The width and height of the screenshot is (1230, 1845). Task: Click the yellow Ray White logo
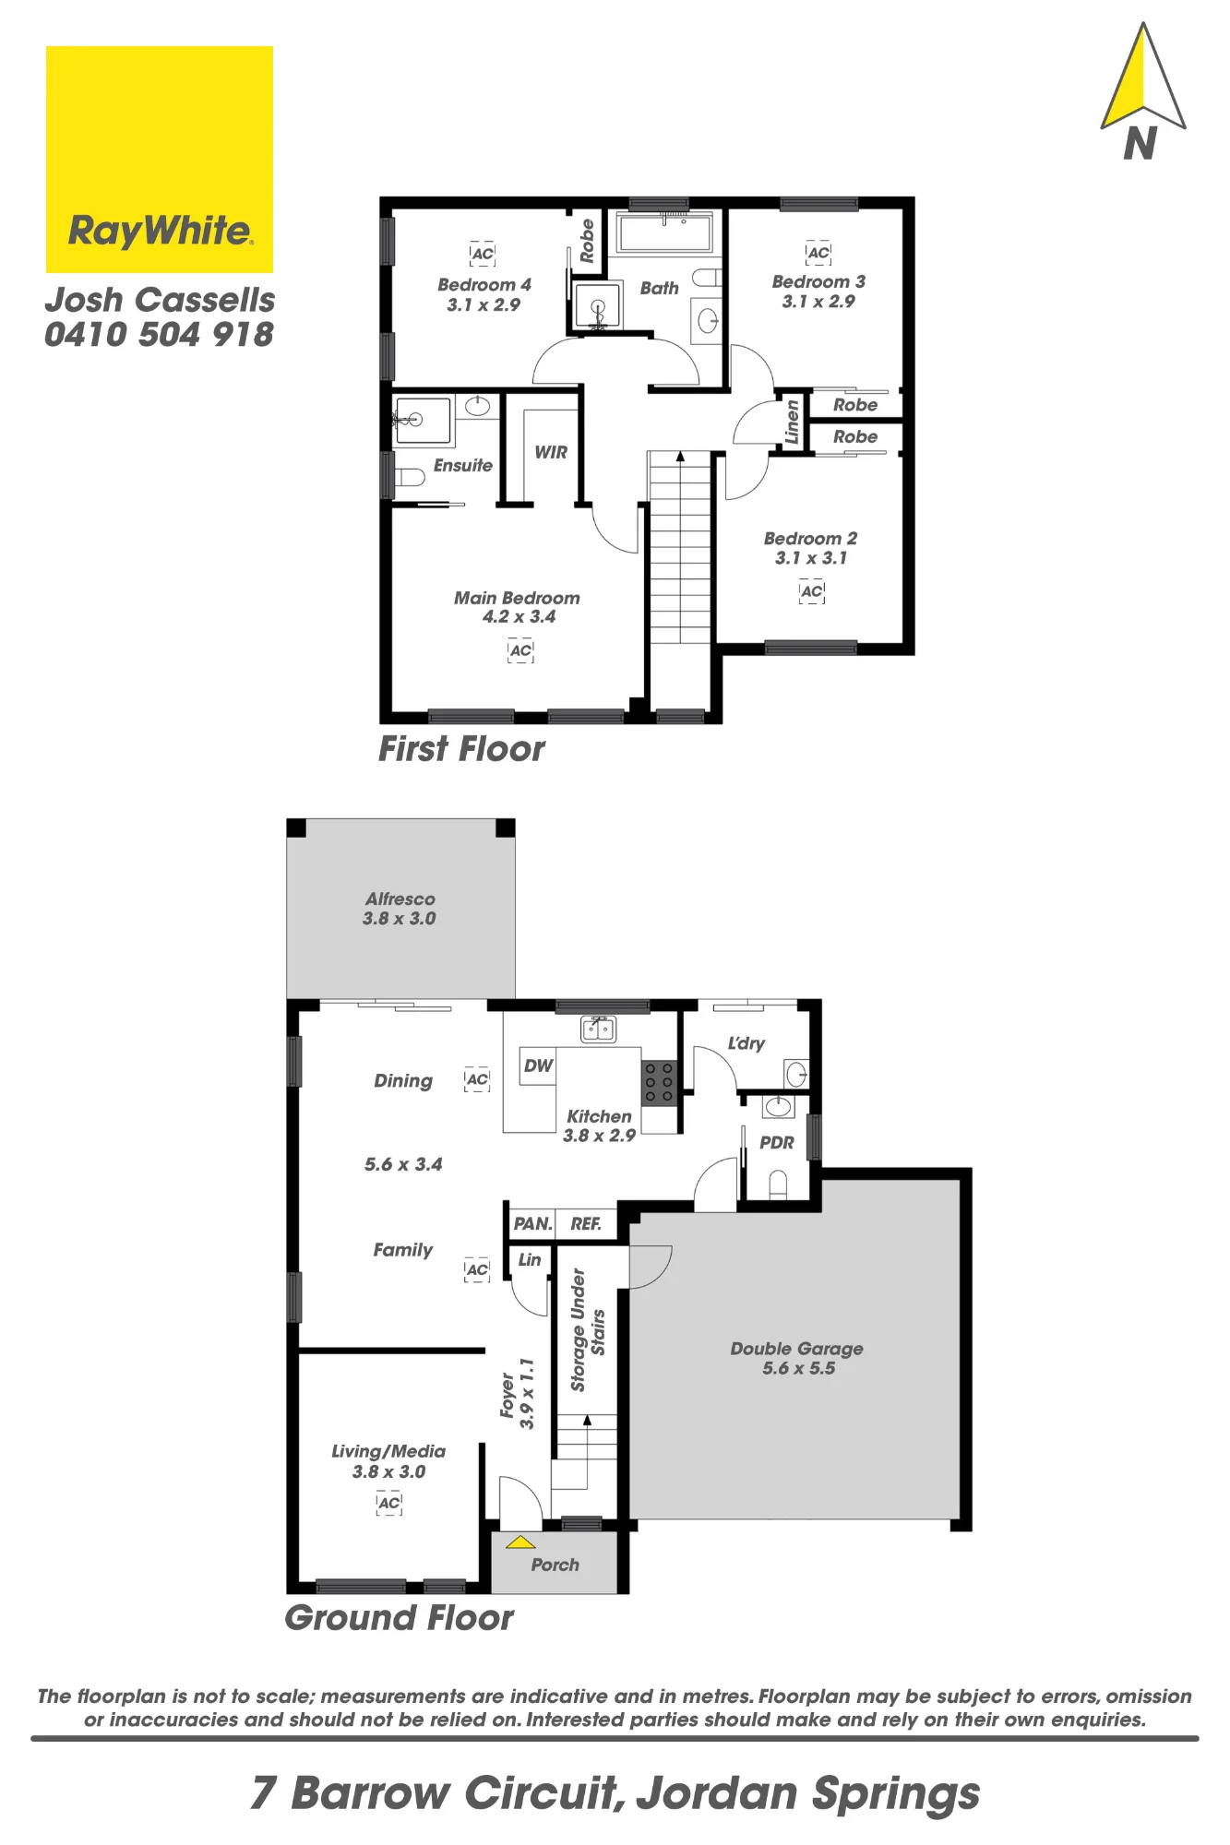pos(160,160)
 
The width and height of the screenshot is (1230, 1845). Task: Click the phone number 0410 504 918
pos(159,335)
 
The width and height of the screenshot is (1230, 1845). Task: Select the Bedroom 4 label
pos(484,285)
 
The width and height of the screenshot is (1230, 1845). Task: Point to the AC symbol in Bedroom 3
pos(818,253)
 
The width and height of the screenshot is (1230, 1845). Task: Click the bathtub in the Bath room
pos(665,232)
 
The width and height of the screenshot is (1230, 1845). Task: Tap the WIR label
pos(551,452)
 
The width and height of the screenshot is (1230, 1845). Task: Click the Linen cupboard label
pos(792,423)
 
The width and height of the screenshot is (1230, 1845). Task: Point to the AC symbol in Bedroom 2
pos(812,591)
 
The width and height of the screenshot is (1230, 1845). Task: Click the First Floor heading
pos(461,749)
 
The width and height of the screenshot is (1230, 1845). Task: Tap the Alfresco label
pos(400,899)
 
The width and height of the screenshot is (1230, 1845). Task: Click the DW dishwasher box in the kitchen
pos(538,1065)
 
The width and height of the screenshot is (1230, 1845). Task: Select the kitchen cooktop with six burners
pos(659,1082)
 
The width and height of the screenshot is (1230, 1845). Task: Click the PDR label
pos(777,1143)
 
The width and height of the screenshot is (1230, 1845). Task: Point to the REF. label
pos(586,1224)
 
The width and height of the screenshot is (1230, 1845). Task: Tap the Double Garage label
pos(797,1349)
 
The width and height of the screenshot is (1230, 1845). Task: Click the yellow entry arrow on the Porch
pos(520,1541)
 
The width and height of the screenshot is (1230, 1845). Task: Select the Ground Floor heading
pos(399,1618)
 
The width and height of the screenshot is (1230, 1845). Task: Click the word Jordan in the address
pos(717,1793)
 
